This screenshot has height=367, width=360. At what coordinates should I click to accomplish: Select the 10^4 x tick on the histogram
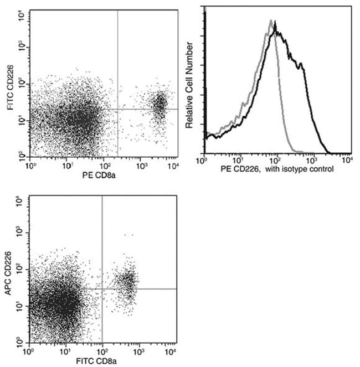tap(347, 161)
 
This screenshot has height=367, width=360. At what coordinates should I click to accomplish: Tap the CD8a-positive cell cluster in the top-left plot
tap(160, 104)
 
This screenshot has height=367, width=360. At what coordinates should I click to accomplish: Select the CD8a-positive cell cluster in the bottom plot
tap(128, 283)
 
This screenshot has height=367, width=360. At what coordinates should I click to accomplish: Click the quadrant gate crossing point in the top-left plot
tap(118, 110)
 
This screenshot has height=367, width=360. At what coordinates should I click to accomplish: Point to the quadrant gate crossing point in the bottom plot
tap(102, 288)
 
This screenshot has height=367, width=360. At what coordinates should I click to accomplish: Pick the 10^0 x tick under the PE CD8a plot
tap(31, 165)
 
